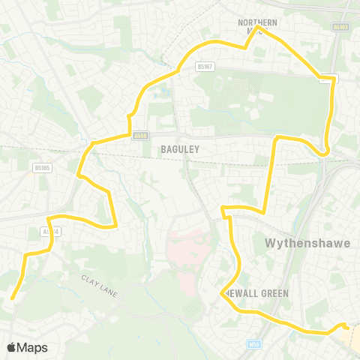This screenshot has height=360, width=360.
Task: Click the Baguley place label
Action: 180,149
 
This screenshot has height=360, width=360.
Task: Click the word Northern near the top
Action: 257,22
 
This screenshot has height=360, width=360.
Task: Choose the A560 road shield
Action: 140,136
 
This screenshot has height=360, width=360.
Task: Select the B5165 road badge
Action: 42,169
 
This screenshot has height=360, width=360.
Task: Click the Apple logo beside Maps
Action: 11,347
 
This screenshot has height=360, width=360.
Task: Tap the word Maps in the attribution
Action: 32,347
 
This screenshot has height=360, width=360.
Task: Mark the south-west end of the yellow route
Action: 13,298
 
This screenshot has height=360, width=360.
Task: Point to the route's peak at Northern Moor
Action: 258,31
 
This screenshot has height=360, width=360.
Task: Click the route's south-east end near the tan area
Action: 344,325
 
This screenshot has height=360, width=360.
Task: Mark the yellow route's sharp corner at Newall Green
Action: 225,294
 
